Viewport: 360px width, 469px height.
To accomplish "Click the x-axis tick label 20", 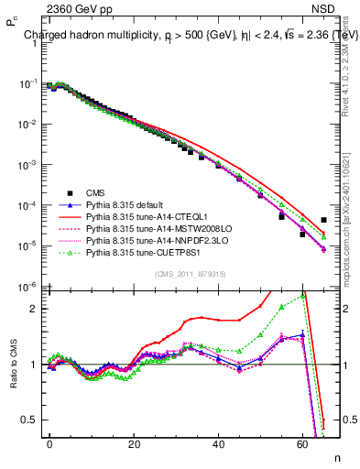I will point(134,442).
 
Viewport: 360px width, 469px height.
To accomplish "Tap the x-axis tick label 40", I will point(218,442).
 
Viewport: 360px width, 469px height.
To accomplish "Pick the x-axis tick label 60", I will point(302,442).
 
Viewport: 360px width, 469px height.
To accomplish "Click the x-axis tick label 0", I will point(49,442).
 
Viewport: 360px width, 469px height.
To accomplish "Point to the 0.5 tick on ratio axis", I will point(30,420).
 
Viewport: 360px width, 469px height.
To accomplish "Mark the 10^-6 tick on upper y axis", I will point(26,287).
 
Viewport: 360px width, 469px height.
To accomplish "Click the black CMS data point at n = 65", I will point(323,220).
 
